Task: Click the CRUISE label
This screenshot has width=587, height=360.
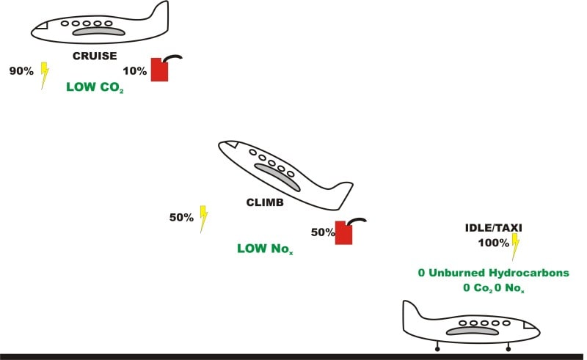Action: click(x=95, y=55)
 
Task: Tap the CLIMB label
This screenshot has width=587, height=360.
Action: click(x=265, y=202)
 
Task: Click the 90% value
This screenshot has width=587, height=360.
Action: click(x=21, y=71)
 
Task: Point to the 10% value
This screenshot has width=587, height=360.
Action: click(x=135, y=70)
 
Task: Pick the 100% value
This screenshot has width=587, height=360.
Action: click(x=493, y=242)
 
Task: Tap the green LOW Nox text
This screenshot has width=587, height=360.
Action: click(x=265, y=249)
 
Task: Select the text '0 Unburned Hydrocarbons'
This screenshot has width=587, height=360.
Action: click(x=493, y=273)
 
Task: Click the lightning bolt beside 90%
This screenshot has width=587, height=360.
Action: click(x=45, y=74)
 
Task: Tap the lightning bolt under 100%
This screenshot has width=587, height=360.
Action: click(x=515, y=247)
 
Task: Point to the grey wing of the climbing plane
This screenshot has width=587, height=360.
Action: click(x=277, y=177)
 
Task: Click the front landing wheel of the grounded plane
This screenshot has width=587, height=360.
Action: click(x=507, y=349)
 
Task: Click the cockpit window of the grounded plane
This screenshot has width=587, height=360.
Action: click(x=529, y=325)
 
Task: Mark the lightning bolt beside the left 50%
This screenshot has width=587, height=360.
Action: click(x=203, y=218)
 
